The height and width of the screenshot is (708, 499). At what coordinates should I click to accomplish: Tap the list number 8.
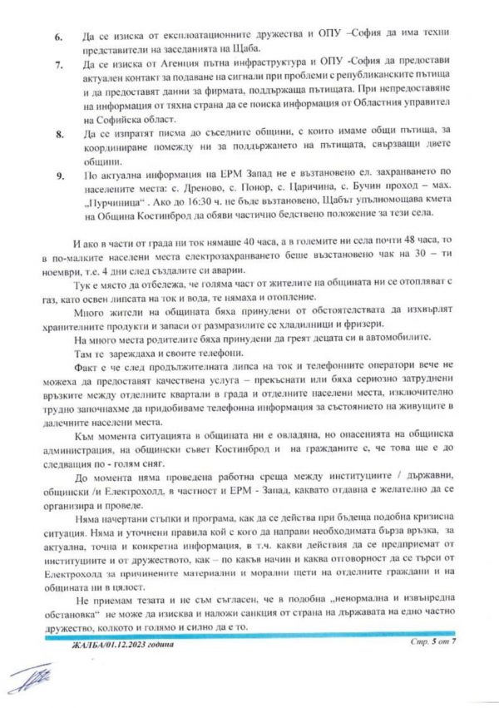[x=58, y=133]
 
